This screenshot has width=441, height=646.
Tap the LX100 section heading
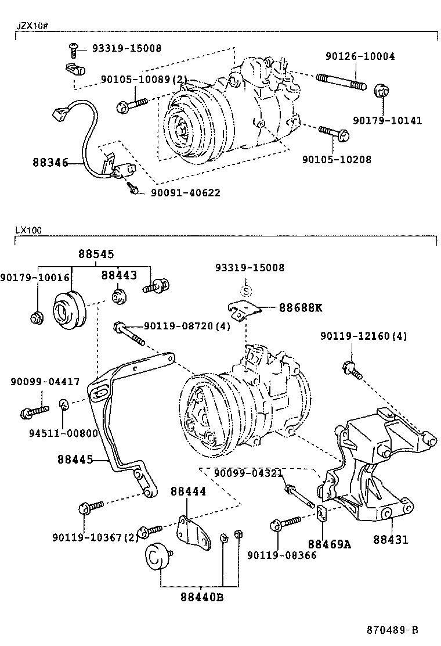click(28, 229)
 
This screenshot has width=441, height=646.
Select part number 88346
click(49, 164)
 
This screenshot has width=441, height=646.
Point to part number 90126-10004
click(360, 56)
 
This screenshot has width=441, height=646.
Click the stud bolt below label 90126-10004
click(341, 81)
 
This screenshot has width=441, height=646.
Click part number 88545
click(96, 254)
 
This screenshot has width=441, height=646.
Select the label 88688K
click(300, 307)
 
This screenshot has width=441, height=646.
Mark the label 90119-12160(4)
click(363, 336)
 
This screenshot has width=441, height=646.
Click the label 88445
click(75, 460)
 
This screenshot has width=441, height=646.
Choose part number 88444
click(188, 491)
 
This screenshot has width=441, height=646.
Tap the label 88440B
click(201, 597)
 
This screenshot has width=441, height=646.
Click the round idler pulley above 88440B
click(155, 558)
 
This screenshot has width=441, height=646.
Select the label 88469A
click(330, 544)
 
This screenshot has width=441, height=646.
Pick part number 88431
click(391, 539)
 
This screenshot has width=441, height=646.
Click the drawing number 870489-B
click(392, 630)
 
